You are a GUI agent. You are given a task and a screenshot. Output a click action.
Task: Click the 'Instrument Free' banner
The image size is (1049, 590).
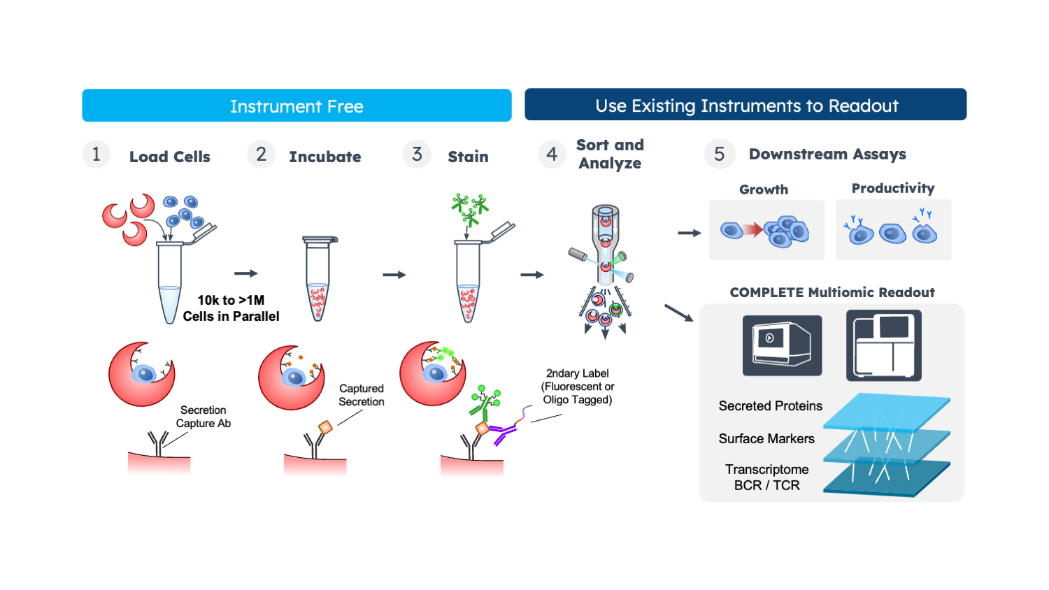point(297,106)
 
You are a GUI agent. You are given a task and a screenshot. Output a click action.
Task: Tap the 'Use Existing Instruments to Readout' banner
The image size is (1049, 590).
point(745,104)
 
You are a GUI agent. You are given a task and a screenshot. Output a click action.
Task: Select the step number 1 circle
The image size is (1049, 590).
point(96,154)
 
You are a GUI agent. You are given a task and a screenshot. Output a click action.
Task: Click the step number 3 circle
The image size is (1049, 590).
point(417,154)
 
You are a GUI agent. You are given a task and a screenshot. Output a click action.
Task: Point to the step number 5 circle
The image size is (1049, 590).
point(720,154)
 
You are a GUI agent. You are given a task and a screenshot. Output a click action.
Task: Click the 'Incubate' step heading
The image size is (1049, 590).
point(325,157)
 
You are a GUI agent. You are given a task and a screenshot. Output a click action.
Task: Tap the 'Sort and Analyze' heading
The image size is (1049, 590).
point(610,154)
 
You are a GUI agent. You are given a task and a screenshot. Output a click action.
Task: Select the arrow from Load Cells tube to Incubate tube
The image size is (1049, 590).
point(246,273)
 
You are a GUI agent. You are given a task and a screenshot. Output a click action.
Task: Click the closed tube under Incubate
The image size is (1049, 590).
point(319,279)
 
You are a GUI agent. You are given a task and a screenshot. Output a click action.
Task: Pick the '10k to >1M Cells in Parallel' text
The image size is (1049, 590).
point(231,308)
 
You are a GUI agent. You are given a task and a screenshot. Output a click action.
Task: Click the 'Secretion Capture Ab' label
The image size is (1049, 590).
point(204,417)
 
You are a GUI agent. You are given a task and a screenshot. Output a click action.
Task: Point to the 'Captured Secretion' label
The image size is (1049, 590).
point(362,395)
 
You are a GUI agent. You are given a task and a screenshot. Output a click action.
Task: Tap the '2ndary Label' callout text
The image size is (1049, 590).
point(578,387)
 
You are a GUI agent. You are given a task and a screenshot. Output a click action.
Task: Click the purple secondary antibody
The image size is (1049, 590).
point(502,433)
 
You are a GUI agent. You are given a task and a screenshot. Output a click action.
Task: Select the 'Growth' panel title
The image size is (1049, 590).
point(764,189)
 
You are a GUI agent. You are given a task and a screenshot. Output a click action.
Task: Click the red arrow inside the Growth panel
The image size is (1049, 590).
point(753,230)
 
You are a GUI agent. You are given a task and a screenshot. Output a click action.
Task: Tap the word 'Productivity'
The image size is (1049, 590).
point(893,188)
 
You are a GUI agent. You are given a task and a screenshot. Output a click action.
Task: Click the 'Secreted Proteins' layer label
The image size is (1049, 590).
point(771,405)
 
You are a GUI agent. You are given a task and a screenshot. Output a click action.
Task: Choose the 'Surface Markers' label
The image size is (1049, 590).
point(766,438)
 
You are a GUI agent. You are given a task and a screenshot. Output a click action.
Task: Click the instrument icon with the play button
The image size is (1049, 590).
point(782,345)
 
